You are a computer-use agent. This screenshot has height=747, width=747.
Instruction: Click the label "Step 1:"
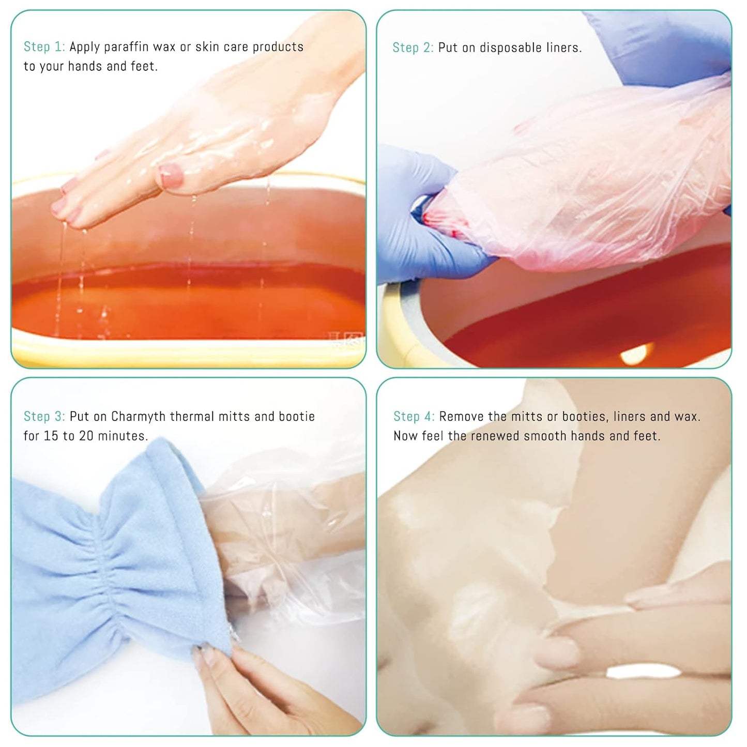click(44, 47)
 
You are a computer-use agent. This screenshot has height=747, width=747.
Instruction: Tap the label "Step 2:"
click(413, 48)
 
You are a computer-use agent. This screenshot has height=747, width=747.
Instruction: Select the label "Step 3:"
click(44, 416)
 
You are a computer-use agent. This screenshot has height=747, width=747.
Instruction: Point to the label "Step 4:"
click(414, 416)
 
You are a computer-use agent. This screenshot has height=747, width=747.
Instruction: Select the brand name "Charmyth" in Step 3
click(139, 416)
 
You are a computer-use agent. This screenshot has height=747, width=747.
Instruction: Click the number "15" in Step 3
click(51, 436)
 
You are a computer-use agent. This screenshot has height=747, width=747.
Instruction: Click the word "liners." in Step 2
click(564, 48)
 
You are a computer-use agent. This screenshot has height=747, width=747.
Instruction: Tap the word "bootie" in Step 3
click(297, 416)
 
